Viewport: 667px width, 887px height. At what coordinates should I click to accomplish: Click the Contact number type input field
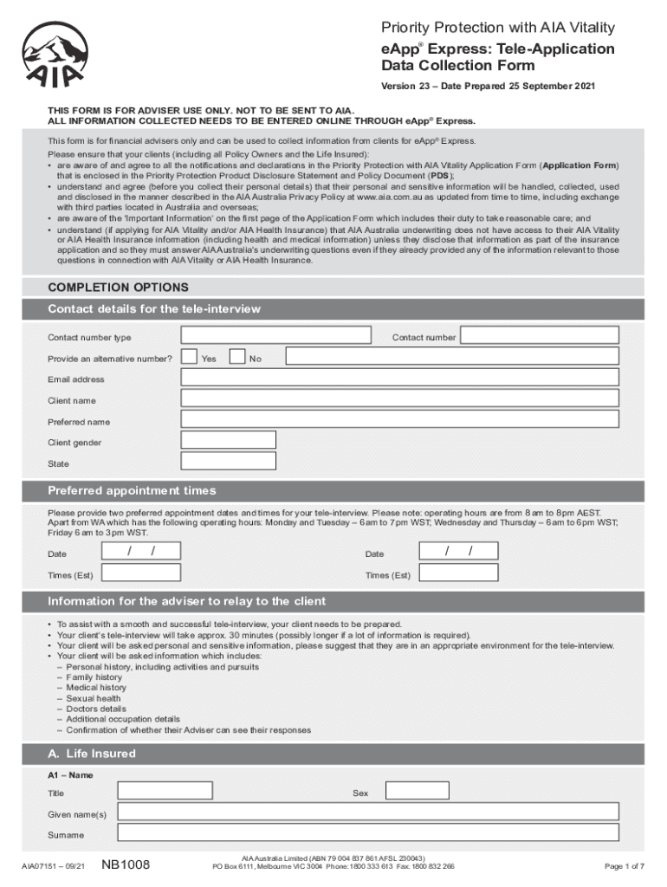pos(275,335)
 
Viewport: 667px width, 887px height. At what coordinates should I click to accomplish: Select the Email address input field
pos(399,378)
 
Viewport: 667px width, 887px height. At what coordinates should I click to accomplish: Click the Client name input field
pos(399,398)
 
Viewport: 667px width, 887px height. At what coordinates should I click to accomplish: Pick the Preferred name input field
pos(399,420)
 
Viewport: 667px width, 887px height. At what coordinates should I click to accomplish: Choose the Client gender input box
pos(229,441)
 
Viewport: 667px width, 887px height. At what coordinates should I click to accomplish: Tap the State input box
pos(229,462)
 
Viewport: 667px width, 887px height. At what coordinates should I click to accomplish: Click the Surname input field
pos(367,833)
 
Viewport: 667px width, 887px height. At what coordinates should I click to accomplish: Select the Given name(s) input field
pos(367,813)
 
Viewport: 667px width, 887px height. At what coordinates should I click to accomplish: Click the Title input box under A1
pos(177,792)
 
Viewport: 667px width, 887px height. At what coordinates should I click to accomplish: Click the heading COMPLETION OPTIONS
pos(118,288)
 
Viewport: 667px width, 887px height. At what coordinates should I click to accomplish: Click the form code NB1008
pos(126,864)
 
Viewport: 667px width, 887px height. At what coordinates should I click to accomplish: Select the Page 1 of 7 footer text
pos(624,866)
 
